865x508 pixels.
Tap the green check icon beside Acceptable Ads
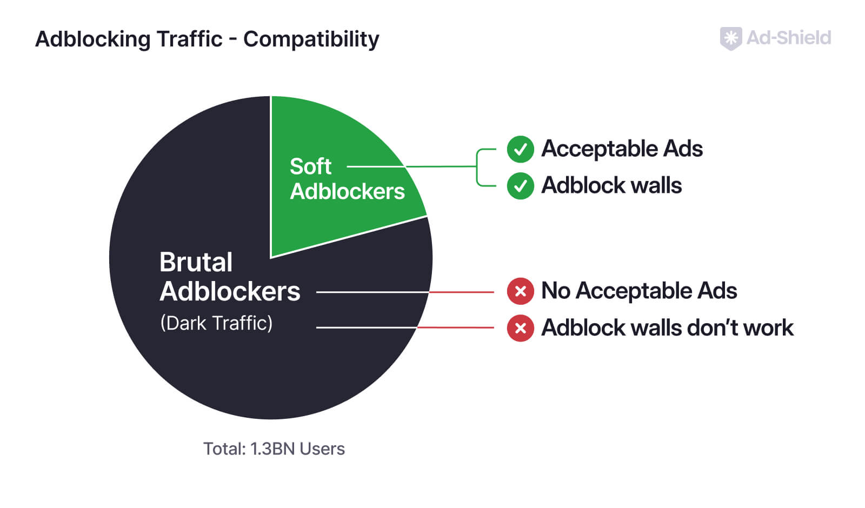point(520,149)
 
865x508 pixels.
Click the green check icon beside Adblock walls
point(520,186)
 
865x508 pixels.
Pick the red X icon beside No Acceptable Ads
point(520,291)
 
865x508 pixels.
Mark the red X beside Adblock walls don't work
point(520,328)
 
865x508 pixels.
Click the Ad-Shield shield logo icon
point(730,38)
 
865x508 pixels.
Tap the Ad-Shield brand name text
point(789,38)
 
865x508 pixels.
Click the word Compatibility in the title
point(311,39)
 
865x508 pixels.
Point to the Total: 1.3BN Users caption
point(274,449)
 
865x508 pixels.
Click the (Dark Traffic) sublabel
point(216,323)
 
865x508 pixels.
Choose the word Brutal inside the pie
point(196,262)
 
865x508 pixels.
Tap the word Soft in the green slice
point(310,166)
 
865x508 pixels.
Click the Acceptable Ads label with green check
point(622,149)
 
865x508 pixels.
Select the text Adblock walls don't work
point(667,327)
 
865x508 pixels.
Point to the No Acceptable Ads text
point(639,291)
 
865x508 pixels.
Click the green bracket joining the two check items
point(477,167)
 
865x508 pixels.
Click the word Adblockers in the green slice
point(347,191)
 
